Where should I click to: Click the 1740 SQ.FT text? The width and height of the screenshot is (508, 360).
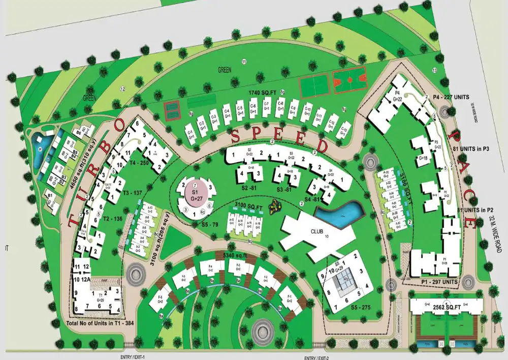[x=262, y=92]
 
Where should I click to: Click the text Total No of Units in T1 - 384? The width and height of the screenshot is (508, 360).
[x=97, y=323]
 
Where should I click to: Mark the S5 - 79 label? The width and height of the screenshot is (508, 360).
[x=195, y=224]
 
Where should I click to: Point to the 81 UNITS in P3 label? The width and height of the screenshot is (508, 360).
[x=470, y=148]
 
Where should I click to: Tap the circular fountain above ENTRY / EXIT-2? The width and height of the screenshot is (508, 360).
[x=262, y=332]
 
